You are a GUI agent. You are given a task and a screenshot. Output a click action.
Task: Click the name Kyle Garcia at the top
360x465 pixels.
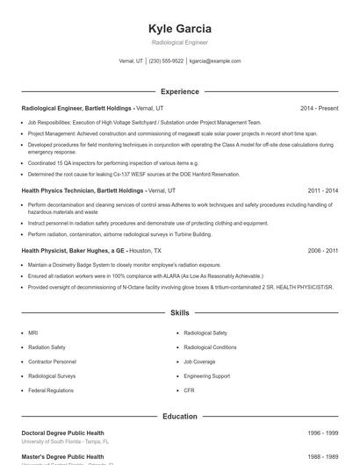(180, 29)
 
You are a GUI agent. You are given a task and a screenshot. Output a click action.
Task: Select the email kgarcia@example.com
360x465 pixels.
(215, 61)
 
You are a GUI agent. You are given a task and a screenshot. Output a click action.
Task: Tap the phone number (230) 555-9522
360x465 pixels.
(167, 61)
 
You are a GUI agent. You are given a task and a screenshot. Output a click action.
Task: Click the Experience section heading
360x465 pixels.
(180, 91)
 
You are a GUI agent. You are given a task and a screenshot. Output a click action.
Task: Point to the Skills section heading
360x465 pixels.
(180, 311)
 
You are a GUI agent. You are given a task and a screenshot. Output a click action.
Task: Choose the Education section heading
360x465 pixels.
(180, 417)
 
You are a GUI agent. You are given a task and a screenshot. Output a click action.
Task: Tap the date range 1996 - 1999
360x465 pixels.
(323, 433)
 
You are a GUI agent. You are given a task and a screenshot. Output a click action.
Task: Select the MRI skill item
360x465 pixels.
(34, 333)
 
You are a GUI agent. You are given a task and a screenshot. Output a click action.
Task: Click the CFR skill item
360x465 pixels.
(190, 390)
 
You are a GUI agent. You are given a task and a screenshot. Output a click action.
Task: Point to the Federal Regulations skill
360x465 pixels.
(50, 390)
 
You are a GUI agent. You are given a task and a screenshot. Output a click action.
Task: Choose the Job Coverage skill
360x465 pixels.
(200, 361)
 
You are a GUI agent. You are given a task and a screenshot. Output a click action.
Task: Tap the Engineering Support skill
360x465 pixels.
(207, 376)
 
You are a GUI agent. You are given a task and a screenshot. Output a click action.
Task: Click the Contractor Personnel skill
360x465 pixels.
(52, 361)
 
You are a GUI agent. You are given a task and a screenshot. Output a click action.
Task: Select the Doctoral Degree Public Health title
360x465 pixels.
(62, 433)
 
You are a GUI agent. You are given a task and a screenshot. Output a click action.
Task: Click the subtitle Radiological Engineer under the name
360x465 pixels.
(180, 43)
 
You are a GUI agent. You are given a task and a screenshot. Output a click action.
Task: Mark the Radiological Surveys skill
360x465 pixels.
(51, 376)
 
